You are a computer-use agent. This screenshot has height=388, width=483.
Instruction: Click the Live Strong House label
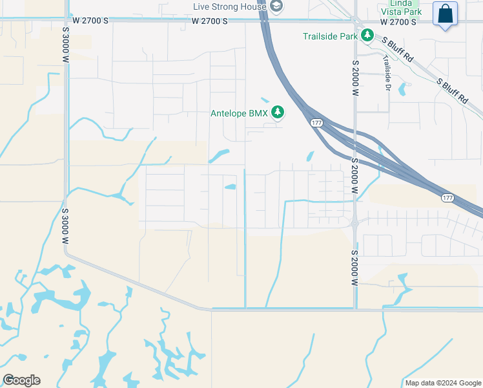[x=230, y=7]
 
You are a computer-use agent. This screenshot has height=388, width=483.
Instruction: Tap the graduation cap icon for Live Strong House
[x=277, y=6]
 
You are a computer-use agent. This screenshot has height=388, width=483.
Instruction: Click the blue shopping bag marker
[x=446, y=14]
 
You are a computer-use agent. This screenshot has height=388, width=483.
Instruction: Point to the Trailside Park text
[x=330, y=36]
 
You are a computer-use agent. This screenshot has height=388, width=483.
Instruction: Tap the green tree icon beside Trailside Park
[x=367, y=36]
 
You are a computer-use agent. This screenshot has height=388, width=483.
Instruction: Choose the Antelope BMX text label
[x=239, y=114]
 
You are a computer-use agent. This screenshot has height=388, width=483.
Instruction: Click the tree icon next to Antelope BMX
[x=278, y=113]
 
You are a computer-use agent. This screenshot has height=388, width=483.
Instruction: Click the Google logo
[x=21, y=380]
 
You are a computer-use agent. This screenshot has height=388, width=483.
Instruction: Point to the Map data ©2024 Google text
[x=443, y=383]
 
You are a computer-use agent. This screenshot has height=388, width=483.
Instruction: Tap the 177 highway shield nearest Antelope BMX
[x=316, y=123]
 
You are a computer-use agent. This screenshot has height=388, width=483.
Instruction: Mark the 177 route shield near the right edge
[x=448, y=197]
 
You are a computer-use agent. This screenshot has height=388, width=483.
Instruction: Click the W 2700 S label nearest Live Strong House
[x=210, y=21]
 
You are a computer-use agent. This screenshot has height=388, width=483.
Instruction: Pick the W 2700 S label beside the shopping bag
[x=398, y=21]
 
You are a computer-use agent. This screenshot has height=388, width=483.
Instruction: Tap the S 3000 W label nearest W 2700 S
[x=66, y=44]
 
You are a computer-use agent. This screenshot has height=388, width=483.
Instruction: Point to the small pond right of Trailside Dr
[x=403, y=89]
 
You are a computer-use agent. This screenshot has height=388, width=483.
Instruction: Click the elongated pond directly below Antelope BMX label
[x=219, y=156]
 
